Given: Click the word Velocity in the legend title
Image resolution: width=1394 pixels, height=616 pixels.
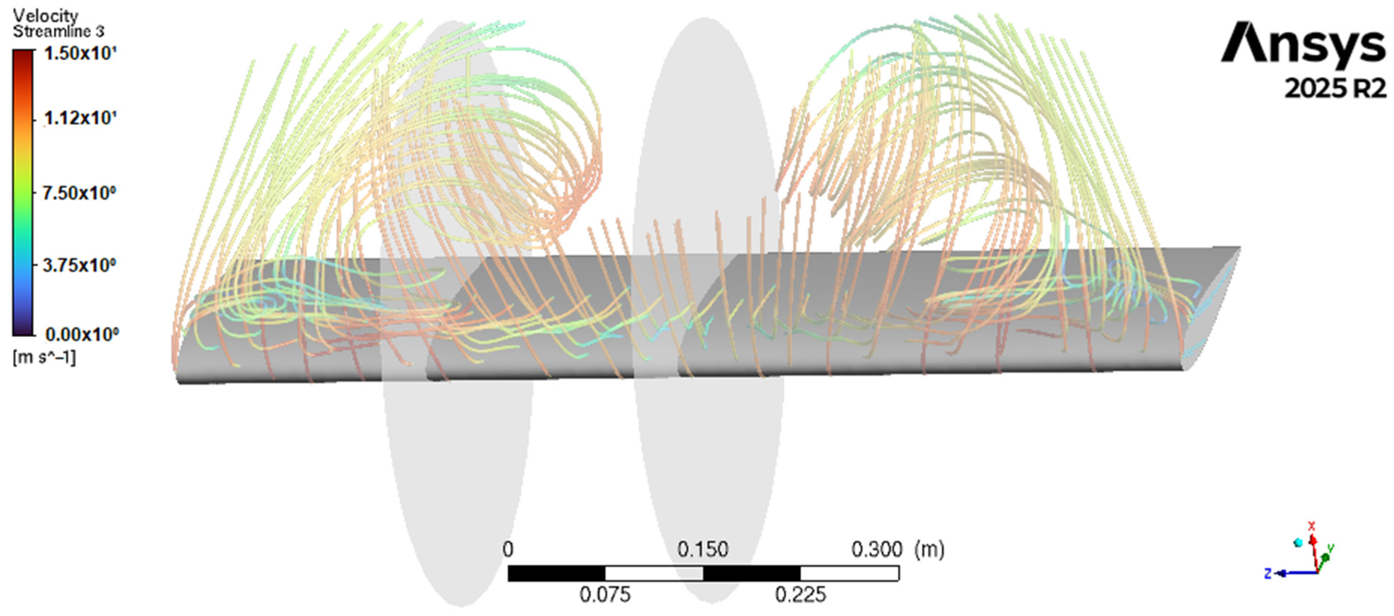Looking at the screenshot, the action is point(45,15).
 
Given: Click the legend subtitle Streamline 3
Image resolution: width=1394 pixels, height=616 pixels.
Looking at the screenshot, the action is point(58,32).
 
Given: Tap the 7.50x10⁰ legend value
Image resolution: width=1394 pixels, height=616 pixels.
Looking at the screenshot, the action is point(79,193).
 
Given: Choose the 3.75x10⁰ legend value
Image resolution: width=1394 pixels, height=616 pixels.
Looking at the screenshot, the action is point(79,266).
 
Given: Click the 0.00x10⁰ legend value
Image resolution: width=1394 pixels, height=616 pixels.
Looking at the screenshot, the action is point(82,334).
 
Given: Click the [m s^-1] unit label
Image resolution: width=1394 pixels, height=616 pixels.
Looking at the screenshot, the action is point(44,357).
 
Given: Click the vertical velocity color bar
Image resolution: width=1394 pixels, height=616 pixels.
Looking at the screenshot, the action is point(23,193).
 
